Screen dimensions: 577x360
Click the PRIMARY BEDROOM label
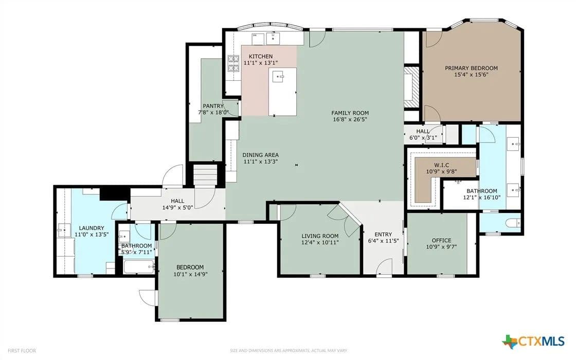(x=471, y=68)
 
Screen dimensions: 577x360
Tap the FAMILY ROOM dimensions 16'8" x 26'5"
(x=350, y=119)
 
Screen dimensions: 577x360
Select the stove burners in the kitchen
(x=233, y=63)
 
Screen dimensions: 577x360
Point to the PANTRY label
(x=213, y=106)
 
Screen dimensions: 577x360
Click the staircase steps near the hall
(x=205, y=175)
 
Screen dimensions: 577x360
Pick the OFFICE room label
(x=441, y=240)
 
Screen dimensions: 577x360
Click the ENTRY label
(x=383, y=235)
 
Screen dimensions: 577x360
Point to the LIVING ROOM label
(x=320, y=236)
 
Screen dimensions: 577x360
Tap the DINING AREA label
(x=261, y=155)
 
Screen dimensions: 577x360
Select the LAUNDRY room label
(x=92, y=228)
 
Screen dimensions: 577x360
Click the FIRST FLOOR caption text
(x=22, y=351)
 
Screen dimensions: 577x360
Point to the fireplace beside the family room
(x=411, y=87)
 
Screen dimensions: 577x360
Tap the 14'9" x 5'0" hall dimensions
(x=177, y=207)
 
